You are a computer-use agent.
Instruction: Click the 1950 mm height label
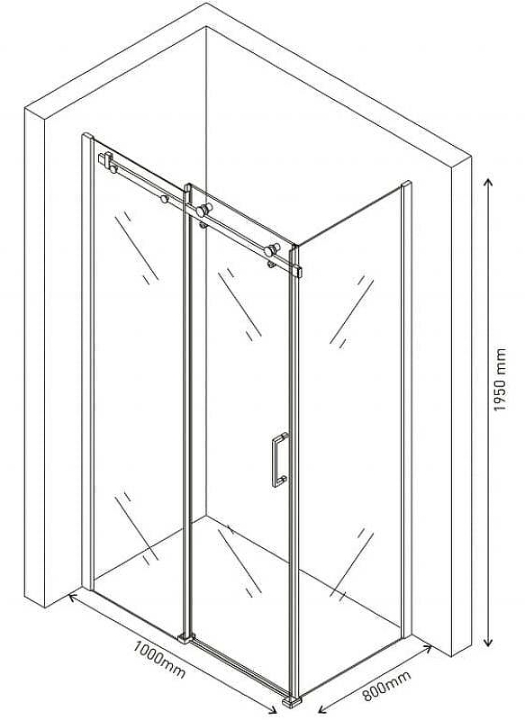click(x=499, y=379)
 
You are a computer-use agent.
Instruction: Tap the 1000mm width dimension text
click(x=159, y=660)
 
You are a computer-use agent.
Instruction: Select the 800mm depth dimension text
click(x=386, y=686)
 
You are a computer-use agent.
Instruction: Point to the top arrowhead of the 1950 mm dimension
click(x=489, y=182)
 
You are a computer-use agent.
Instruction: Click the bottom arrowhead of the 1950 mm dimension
click(x=489, y=642)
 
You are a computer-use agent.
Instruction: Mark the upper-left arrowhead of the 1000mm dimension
click(x=73, y=597)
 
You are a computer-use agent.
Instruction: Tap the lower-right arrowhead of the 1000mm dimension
click(x=272, y=711)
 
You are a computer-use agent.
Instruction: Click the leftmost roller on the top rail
click(x=113, y=169)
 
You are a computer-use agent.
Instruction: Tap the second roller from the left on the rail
click(x=164, y=199)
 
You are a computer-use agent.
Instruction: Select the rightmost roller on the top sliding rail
click(x=270, y=250)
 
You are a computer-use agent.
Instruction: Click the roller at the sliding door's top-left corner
click(x=203, y=211)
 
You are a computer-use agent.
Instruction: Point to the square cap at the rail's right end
click(x=298, y=272)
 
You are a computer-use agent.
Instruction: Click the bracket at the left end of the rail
click(x=104, y=159)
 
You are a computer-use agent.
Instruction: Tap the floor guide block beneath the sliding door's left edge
click(x=186, y=637)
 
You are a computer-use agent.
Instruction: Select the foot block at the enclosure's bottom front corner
click(x=292, y=702)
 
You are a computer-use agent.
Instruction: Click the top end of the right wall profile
click(x=406, y=184)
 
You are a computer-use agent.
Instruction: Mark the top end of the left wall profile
click(x=87, y=136)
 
